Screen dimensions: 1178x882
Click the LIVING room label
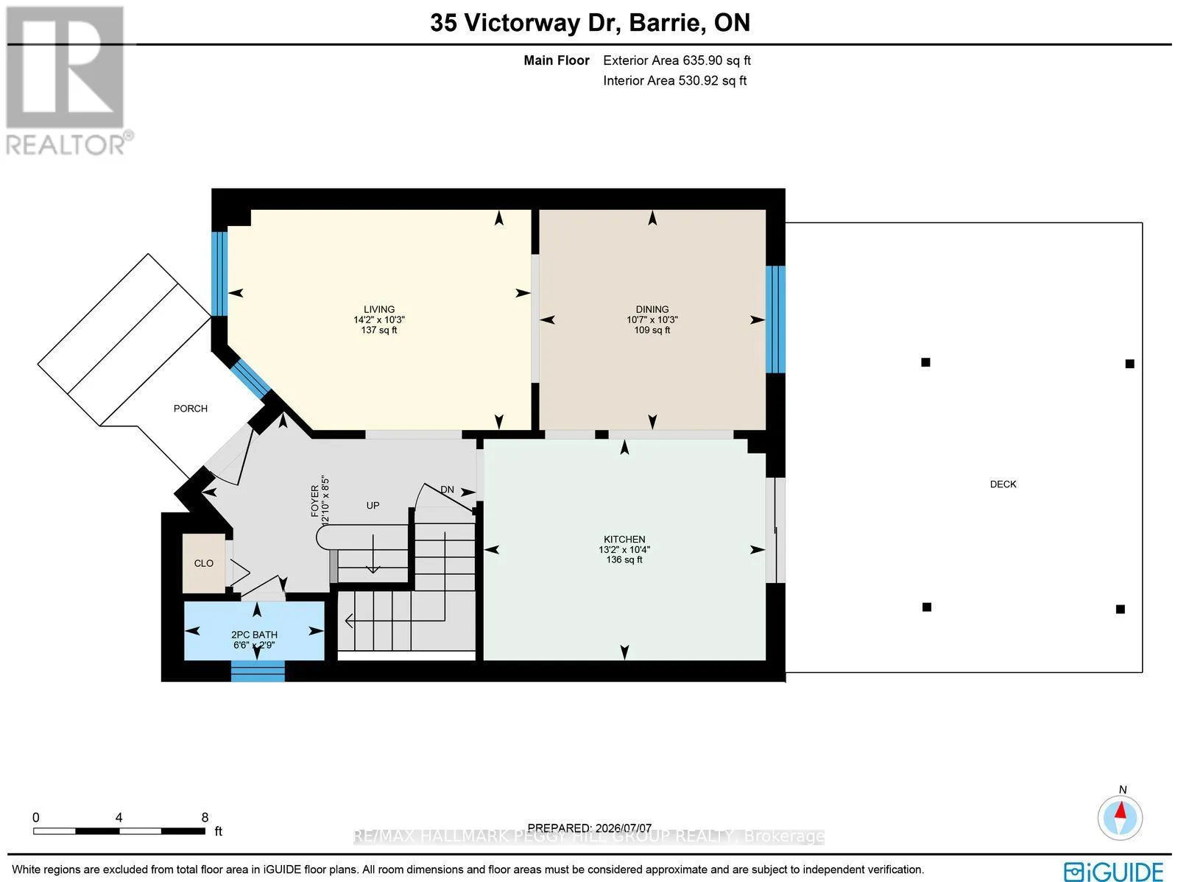click(379, 309)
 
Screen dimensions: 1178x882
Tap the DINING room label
click(652, 309)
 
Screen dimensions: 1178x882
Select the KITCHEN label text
click(624, 539)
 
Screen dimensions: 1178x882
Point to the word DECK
click(1003, 484)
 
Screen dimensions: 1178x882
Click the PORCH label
click(191, 409)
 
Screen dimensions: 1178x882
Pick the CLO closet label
click(203, 563)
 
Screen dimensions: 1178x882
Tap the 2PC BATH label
click(254, 635)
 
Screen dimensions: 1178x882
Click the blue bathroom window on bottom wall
click(258, 671)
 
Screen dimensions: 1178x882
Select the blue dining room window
click(775, 320)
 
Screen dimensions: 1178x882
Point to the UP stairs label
click(373, 505)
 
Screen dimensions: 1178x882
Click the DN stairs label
click(447, 490)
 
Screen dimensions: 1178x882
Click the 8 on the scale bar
click(205, 817)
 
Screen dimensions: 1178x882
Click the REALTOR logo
click(68, 80)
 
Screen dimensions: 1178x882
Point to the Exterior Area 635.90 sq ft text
click(677, 60)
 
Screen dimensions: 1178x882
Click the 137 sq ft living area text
click(379, 330)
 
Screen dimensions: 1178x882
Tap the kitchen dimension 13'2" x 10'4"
click(624, 549)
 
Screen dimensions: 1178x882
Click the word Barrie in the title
click(664, 23)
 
